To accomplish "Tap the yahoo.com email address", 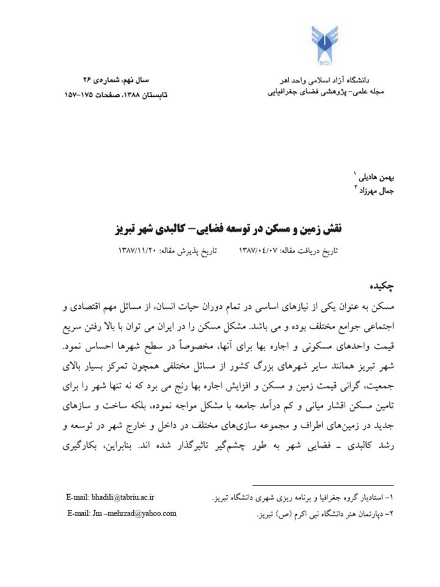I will (122, 513).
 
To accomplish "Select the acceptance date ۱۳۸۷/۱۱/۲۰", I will (141, 251).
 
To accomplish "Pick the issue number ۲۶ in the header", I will (91, 80).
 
